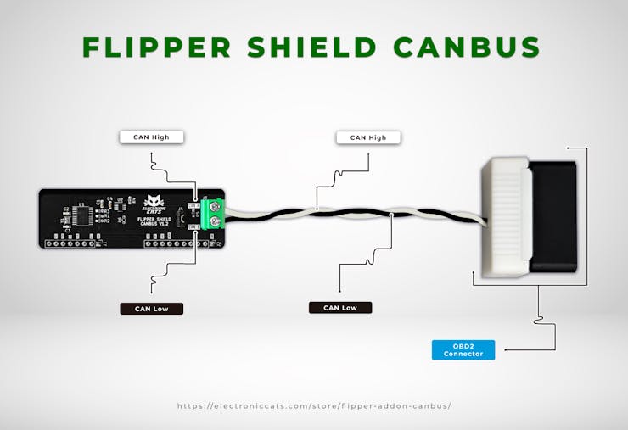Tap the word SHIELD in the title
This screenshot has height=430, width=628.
(317, 47)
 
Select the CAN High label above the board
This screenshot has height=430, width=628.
(151, 137)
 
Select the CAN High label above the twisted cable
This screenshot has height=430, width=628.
(367, 137)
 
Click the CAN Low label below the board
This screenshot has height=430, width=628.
(151, 309)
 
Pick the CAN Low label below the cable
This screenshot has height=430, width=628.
(339, 308)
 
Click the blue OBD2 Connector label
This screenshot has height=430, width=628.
(463, 349)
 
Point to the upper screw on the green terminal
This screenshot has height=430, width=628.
(216, 206)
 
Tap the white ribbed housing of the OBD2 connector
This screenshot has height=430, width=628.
(506, 219)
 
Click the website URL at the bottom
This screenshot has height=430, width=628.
(314, 405)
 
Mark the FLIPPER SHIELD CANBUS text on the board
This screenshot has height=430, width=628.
(154, 222)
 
